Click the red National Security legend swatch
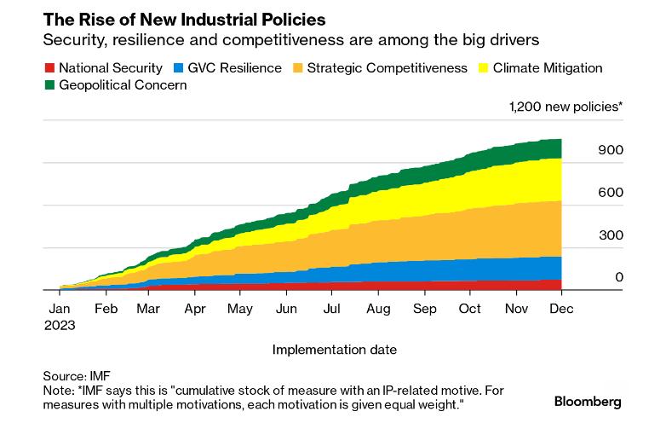coord(49,68)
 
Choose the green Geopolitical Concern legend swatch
coord(49,85)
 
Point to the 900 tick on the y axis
coord(611,150)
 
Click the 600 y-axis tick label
coord(611,193)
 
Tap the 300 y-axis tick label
coord(611,235)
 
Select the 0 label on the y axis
coord(619,278)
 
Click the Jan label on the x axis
coord(59,310)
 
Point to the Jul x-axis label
coord(331,310)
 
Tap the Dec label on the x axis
coord(560,310)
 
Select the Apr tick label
coord(195,310)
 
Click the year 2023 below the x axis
coord(61,325)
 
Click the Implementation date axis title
coord(334,350)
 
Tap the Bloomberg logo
coord(588,401)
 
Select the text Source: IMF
coord(77,375)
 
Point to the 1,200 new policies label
coord(566,107)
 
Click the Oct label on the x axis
coord(470,310)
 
